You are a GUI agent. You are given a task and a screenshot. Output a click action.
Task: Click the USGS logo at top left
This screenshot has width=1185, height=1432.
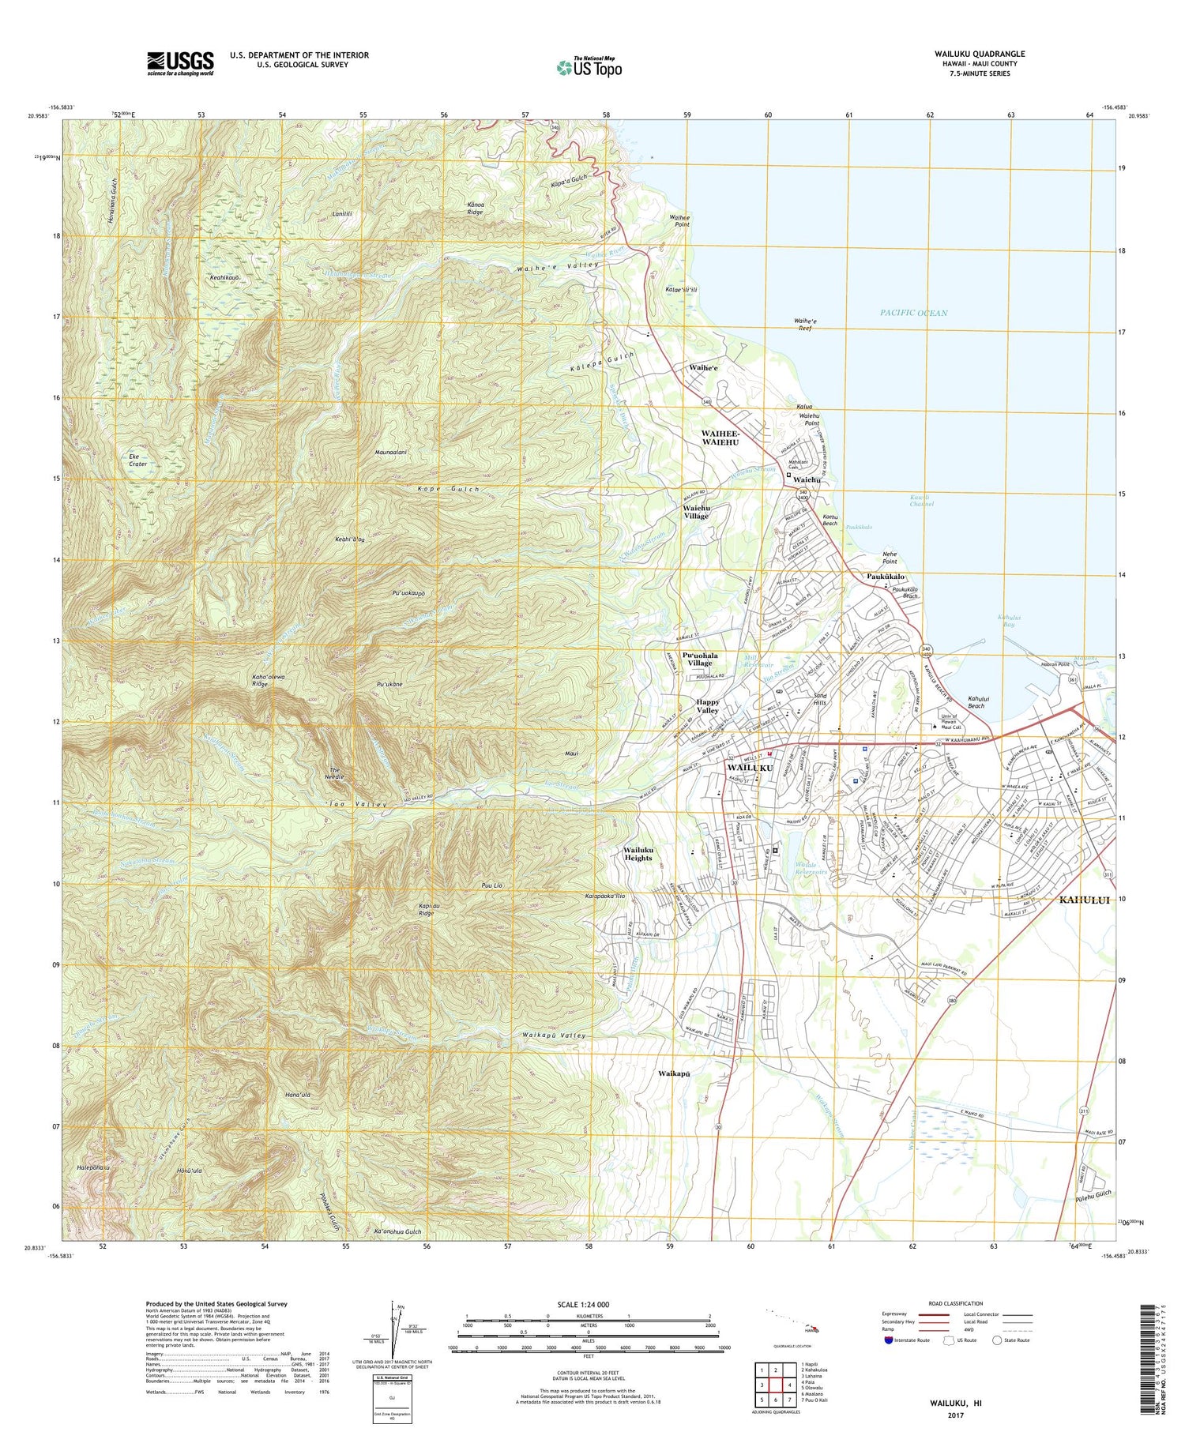[180, 63]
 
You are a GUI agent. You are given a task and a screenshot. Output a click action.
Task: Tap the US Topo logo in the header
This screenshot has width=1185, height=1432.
[589, 68]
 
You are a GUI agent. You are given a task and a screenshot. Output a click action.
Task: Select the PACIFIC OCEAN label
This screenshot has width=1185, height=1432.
[913, 313]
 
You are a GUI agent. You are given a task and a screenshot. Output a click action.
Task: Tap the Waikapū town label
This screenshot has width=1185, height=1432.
[675, 1073]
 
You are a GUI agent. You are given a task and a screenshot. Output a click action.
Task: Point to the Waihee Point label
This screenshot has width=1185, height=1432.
[675, 220]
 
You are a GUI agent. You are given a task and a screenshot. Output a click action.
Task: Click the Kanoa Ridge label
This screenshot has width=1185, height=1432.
[474, 208]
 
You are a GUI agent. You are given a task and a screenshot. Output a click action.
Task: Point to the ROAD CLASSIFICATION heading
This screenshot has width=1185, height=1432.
[956, 1303]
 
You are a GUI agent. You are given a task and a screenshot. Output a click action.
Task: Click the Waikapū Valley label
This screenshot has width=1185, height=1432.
[554, 1035]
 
